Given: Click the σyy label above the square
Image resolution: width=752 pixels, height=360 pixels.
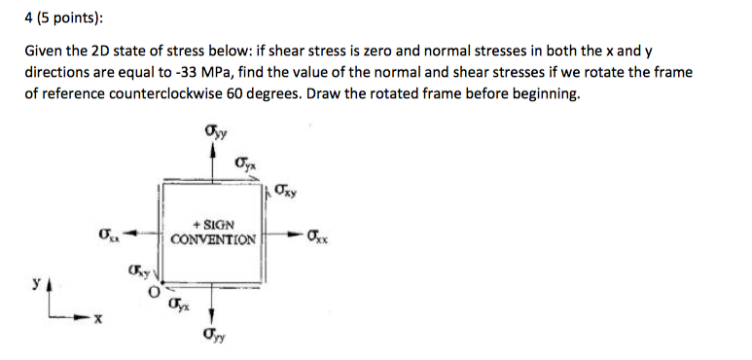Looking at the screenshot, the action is coord(212,129).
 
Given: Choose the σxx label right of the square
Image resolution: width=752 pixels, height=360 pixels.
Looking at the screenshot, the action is coord(317,234).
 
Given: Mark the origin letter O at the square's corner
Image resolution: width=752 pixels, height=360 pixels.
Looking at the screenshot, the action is coord(152,291).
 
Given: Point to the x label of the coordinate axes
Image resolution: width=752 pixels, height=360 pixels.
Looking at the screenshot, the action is coord(93,317).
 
